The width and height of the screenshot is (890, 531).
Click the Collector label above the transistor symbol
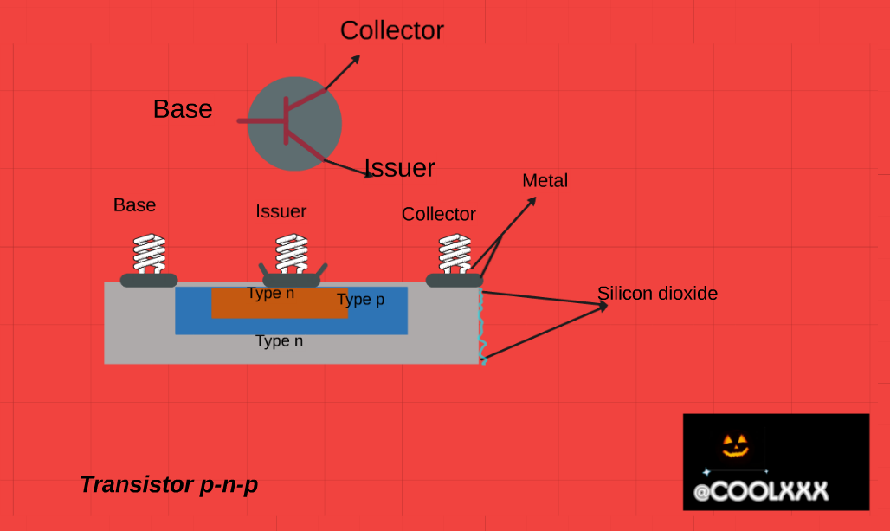pos(391,30)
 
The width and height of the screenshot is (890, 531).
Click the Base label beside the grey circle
pos(183,109)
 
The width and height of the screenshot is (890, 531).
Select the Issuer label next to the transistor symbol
pos(399,167)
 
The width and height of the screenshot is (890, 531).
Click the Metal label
pos(545,181)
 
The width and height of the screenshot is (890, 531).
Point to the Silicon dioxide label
pos(658,294)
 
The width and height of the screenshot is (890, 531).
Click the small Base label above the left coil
pos(135,205)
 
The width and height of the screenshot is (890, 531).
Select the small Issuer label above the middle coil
pos(281,211)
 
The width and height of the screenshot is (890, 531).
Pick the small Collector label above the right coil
pos(439,214)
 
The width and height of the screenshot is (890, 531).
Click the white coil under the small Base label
pos(149,254)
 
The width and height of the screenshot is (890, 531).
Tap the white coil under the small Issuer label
pos(292,254)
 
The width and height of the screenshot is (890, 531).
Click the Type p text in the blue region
pos(360,300)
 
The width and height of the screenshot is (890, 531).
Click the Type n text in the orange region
pos(271,294)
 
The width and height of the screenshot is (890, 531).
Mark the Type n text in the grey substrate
pos(280,341)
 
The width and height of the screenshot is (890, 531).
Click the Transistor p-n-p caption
pos(169,485)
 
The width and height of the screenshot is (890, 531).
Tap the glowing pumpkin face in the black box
pos(735,445)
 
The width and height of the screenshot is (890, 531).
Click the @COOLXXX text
pos(761,492)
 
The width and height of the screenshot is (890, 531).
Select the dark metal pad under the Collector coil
pos(454,280)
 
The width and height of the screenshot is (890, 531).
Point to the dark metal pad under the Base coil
pos(149,280)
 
